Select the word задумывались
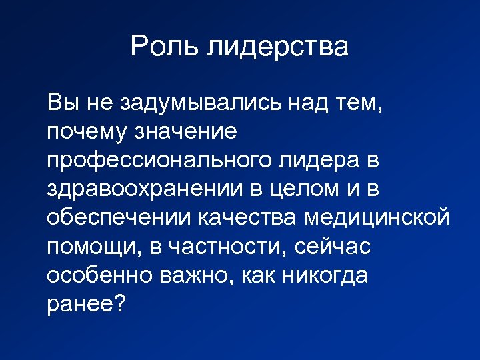[x=202, y=103]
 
